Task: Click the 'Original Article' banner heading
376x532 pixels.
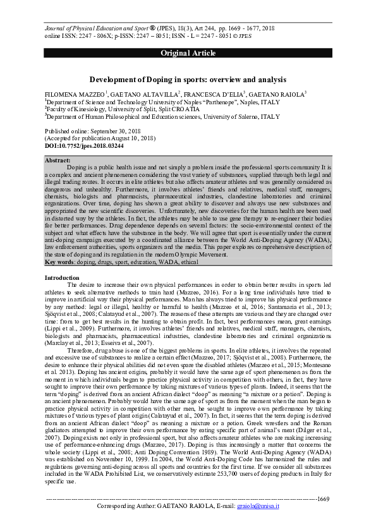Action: click(187, 53)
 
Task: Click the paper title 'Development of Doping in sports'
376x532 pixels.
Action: click(188, 80)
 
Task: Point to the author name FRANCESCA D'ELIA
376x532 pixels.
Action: click(212, 93)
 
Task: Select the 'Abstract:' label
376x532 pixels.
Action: click(59, 160)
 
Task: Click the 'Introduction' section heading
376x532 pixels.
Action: click(62, 278)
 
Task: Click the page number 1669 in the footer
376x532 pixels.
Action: click(324, 499)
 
